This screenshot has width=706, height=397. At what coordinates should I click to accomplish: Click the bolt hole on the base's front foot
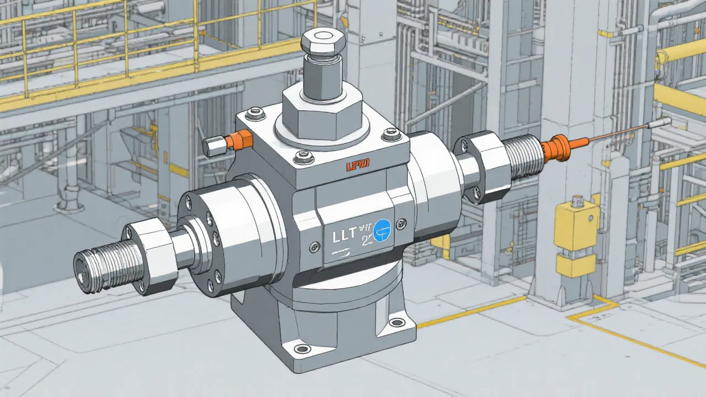click(302, 349)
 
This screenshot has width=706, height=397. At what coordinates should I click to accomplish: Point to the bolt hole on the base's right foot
click(395, 322)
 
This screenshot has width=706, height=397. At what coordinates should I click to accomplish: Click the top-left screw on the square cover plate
click(254, 114)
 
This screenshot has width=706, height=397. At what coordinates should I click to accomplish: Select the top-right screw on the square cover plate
click(392, 131)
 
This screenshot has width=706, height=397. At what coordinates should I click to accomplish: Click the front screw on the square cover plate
click(302, 159)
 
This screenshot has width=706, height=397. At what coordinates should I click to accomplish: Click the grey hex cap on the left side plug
click(212, 146)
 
